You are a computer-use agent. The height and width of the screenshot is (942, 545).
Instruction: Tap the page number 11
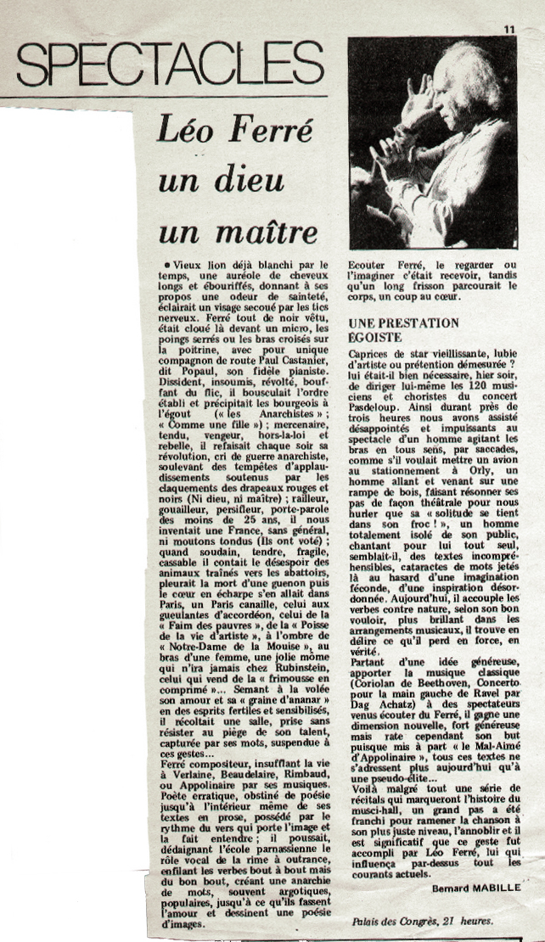coord(508,29)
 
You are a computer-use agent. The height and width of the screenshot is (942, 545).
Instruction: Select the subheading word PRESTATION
coord(422,323)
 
